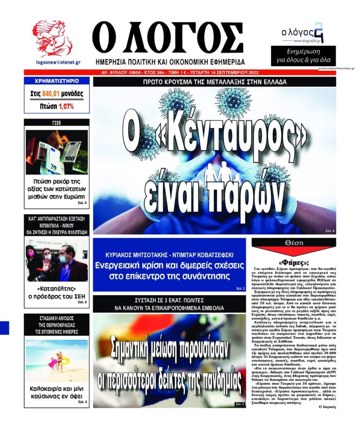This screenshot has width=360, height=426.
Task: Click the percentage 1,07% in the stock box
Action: tap(67, 106)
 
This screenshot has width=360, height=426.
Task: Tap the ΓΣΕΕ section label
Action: tap(57, 123)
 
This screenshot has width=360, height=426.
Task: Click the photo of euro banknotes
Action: tap(57, 152)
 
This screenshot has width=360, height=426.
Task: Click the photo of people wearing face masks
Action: tap(57, 260)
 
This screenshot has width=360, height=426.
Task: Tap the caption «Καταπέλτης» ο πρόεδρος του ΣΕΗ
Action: tap(57, 292)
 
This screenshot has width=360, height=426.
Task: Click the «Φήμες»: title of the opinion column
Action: tap(293, 262)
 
